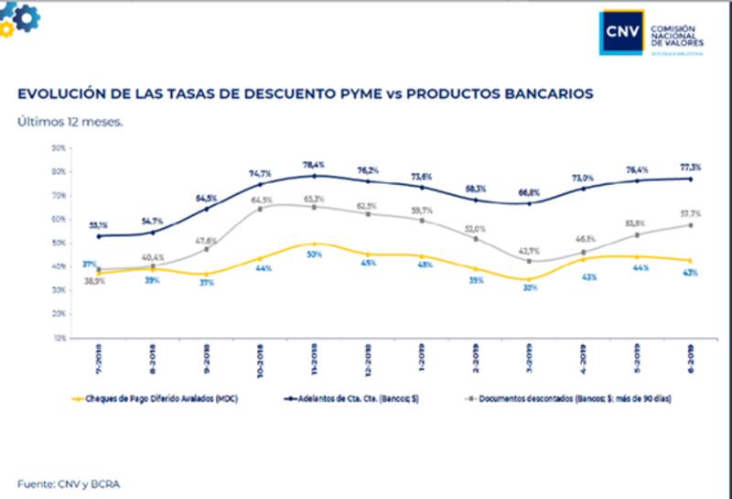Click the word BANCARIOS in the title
547,93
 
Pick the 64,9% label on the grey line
263,200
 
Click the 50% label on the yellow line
315,254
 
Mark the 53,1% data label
99,224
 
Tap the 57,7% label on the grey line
690,212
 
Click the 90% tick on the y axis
58,147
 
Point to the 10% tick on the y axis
58,338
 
